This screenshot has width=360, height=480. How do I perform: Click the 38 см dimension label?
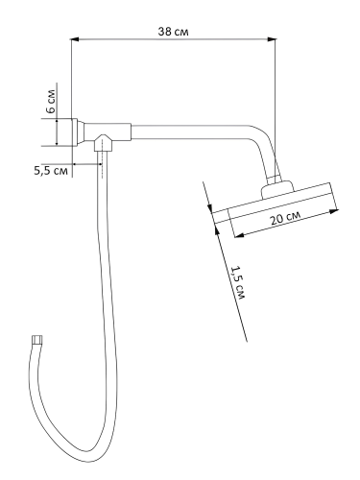(x=173, y=32)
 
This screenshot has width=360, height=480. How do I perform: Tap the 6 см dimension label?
(x=50, y=101)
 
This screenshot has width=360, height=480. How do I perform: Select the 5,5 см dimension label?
(x=51, y=171)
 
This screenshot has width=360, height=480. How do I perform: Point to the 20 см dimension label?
(x=285, y=219)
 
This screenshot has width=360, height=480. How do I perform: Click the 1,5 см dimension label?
(x=238, y=282)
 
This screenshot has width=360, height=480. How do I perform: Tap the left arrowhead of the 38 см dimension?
(x=74, y=39)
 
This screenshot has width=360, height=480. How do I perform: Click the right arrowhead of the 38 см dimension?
(x=272, y=39)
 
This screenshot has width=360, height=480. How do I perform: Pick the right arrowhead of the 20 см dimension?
(x=334, y=211)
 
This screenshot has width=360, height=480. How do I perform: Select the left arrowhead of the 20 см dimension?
(x=239, y=236)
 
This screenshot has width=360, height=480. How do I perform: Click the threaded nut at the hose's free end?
(x=37, y=339)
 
